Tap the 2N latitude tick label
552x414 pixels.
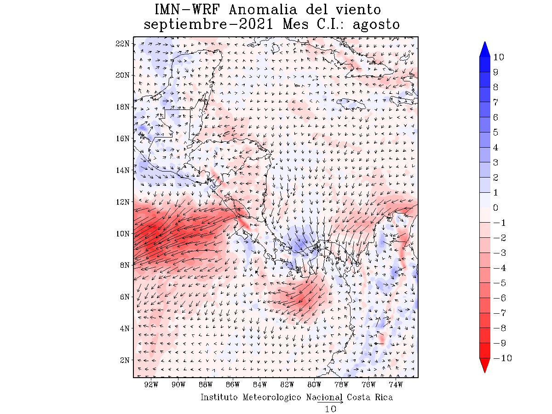124,360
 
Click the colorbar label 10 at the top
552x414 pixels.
498,57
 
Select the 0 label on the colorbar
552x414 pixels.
495,208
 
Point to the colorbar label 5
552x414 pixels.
495,132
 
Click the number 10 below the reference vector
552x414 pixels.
330,408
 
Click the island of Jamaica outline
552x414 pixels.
351,104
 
